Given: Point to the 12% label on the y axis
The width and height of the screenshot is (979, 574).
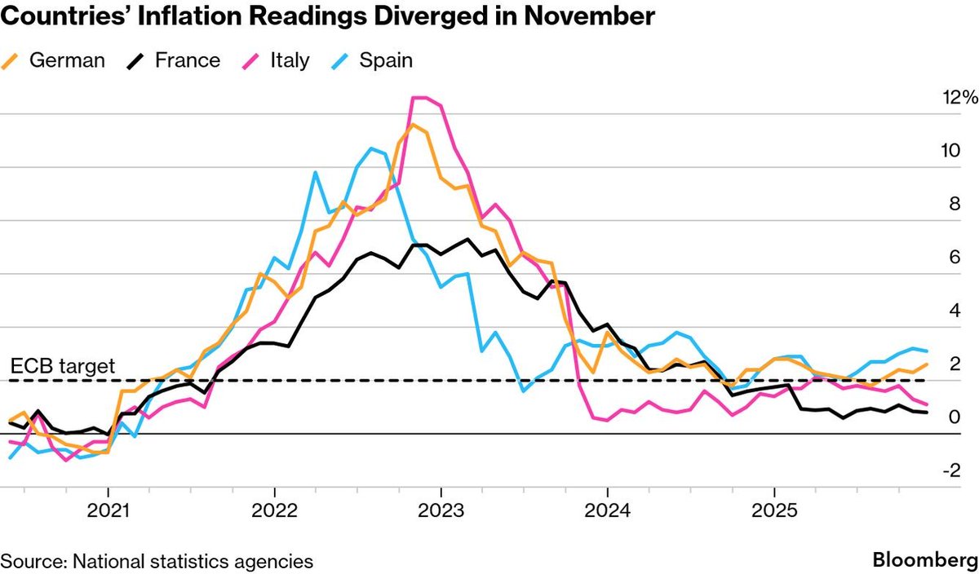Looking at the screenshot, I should coord(958,98).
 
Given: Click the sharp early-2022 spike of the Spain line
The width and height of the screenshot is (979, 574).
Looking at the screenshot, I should coord(315,172).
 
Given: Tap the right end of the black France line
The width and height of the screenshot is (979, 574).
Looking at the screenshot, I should coord(926,413).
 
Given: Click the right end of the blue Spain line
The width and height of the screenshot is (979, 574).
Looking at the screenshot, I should coord(926,351).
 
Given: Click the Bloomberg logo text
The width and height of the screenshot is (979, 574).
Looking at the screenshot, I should coord(924,560).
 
